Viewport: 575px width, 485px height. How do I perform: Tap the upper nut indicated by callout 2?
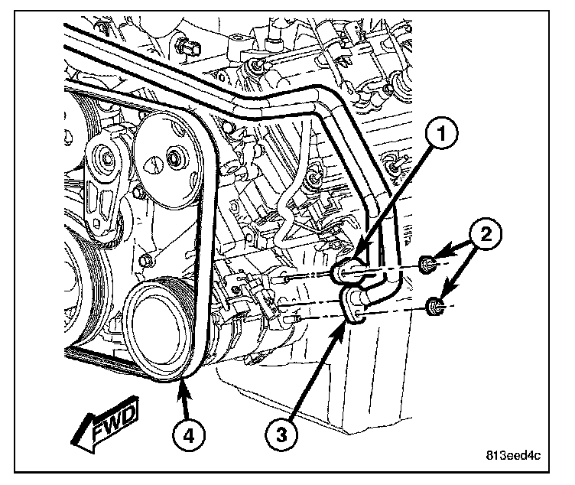(430, 266)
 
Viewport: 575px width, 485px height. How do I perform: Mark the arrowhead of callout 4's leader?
(181, 382)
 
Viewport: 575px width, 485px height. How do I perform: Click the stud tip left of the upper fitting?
(284, 276)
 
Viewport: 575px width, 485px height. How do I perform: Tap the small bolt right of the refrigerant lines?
(396, 166)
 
